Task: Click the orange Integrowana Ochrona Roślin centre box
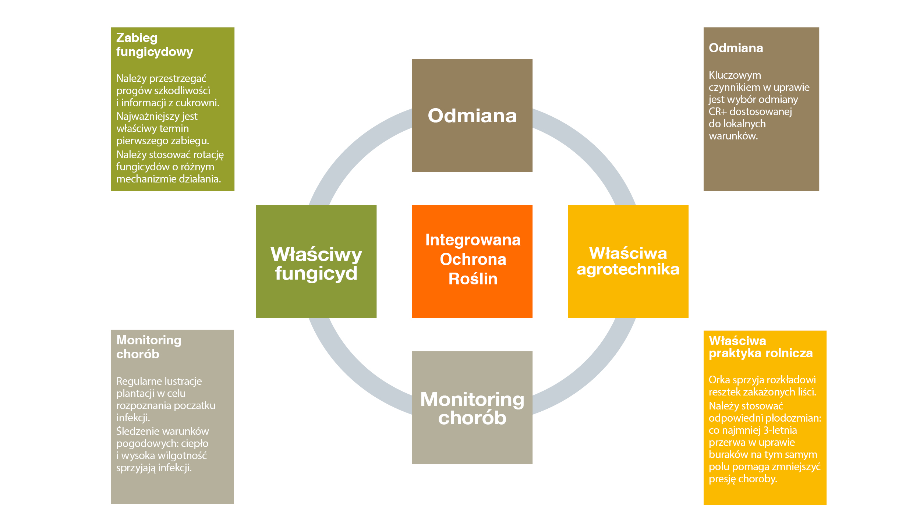coord(472,261)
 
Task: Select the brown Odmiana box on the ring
coord(472,116)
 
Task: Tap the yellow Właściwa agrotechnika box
coord(628,261)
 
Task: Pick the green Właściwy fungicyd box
coord(316,261)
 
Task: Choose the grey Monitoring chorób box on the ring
coord(472,407)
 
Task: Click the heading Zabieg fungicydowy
coord(155,45)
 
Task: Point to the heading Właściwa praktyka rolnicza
coord(761,347)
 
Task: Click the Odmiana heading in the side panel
coord(736,48)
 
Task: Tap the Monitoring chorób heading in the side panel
coord(149,347)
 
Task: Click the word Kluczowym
coord(735,75)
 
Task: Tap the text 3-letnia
coord(780,430)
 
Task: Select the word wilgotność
coord(182,456)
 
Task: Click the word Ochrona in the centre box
coord(473,259)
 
